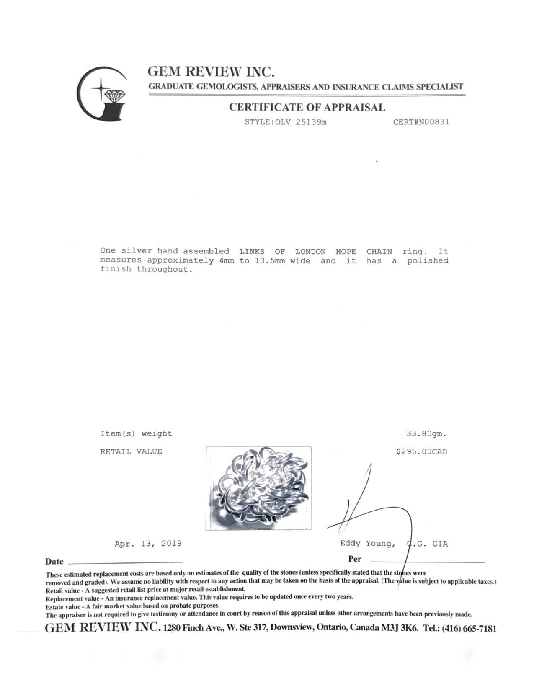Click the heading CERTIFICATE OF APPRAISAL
point(307,107)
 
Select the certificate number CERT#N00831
point(421,122)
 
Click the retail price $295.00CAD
point(421,452)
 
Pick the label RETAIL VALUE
point(131,452)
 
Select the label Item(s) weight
point(136,434)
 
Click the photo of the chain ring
point(258,488)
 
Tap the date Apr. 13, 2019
point(148,544)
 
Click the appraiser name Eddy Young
point(367,544)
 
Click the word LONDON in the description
point(310,252)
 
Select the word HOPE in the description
point(346,252)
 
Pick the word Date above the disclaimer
point(54,562)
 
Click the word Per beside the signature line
point(354,559)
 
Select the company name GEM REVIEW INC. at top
point(211,72)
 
